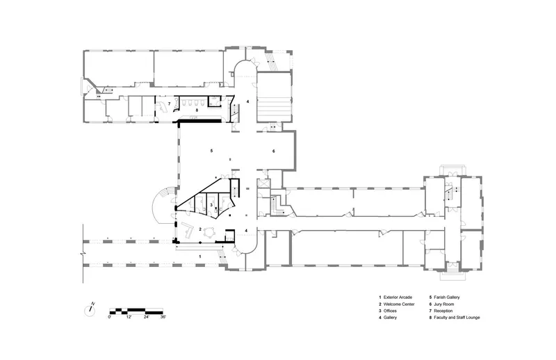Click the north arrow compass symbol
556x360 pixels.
[90, 310]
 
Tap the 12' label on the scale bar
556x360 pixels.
[129, 317]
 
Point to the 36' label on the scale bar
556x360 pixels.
[163, 317]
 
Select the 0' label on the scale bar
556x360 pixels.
[110, 317]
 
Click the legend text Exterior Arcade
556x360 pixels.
[398, 297]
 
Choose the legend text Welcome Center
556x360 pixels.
[399, 304]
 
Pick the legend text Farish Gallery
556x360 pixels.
[447, 297]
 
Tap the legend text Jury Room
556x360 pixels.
[444, 304]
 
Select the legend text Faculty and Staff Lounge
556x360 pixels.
[457, 318]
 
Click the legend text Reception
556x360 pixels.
[443, 311]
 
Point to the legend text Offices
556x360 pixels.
[390, 311]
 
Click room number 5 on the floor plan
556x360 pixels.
[212, 151]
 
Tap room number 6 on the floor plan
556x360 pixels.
[273, 151]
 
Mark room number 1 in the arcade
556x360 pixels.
[200, 256]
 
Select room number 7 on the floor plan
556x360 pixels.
[169, 104]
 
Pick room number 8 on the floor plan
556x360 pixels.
[197, 111]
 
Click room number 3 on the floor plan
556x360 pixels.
[211, 204]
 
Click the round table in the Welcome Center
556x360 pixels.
[211, 232]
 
